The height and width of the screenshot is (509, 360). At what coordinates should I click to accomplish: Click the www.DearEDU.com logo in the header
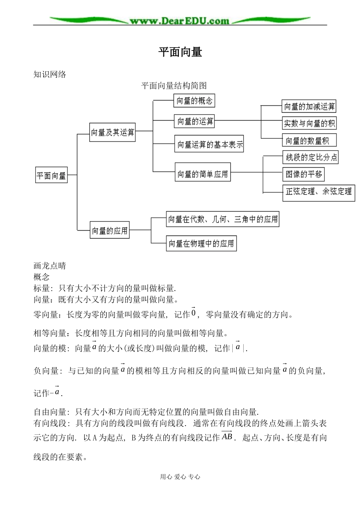pyautogui.click(x=180, y=21)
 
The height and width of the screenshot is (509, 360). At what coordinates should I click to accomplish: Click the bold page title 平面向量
pyautogui.click(x=180, y=52)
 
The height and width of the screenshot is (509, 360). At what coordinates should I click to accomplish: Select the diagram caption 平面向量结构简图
pyautogui.click(x=174, y=86)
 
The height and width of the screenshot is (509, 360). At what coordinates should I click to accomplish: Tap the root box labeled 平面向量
pyautogui.click(x=52, y=175)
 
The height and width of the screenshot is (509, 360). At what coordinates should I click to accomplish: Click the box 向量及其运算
pyautogui.click(x=113, y=132)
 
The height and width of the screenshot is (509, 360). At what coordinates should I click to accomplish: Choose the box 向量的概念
pyautogui.click(x=194, y=101)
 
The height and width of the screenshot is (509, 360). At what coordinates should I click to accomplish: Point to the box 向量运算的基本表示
pyautogui.click(x=209, y=145)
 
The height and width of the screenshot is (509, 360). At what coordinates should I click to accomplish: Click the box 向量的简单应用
pyautogui.click(x=203, y=174)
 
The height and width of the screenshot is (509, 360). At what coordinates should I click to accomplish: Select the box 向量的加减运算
pyautogui.click(x=309, y=107)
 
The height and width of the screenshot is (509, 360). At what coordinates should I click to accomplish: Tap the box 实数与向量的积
pyautogui.click(x=309, y=123)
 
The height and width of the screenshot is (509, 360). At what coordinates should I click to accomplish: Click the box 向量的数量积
pyautogui.click(x=309, y=141)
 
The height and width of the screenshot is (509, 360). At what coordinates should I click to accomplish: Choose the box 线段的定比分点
pyautogui.click(x=311, y=157)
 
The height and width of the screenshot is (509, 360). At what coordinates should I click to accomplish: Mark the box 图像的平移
pyautogui.click(x=304, y=174)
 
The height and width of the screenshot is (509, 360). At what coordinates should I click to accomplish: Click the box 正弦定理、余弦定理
pyautogui.click(x=319, y=192)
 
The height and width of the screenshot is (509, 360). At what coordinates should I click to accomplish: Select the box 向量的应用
pyautogui.click(x=110, y=231)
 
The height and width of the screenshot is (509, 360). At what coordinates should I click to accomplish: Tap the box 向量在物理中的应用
pyautogui.click(x=201, y=244)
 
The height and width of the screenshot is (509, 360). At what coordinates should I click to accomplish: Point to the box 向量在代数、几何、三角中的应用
pyautogui.click(x=223, y=220)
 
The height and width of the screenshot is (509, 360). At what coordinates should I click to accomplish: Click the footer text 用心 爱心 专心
pyautogui.click(x=180, y=477)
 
